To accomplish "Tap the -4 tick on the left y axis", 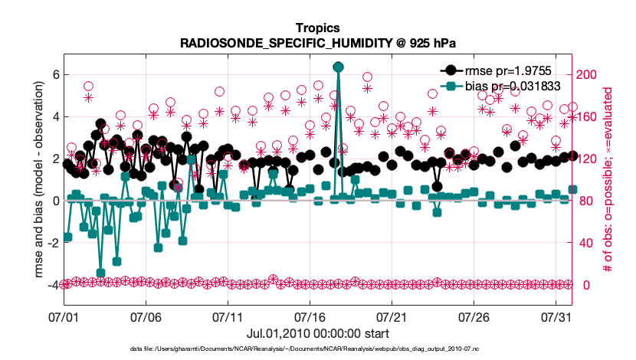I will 52,285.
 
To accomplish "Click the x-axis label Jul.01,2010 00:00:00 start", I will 317,334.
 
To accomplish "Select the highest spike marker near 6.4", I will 338,67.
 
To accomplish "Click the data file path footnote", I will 317,349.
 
